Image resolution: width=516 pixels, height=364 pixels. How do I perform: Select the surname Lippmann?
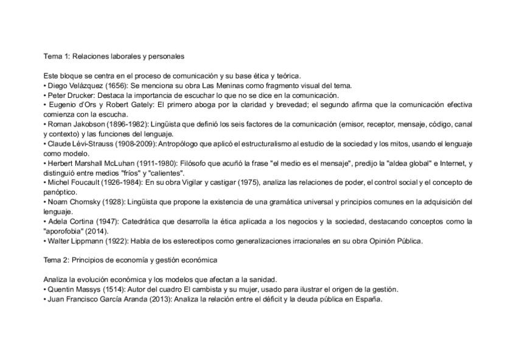92,241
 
